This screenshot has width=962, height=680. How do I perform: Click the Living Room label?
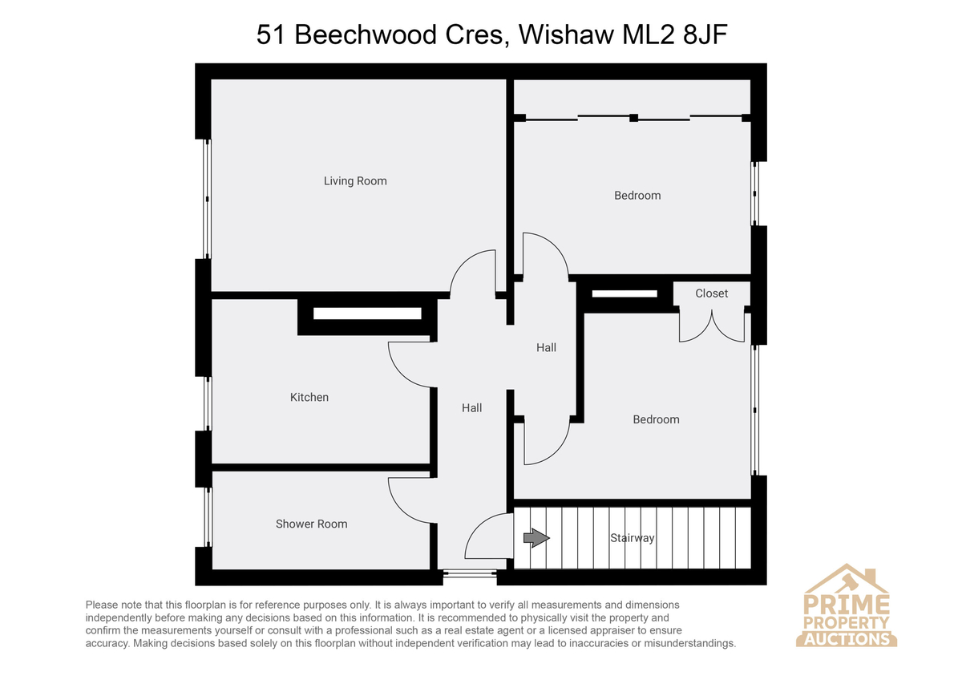355,181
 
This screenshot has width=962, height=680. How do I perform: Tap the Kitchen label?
309,398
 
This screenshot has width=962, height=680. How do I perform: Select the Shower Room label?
311,524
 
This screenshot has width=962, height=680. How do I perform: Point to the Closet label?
712,293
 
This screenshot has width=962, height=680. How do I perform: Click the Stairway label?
633,538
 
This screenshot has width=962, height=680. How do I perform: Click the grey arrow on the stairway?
536,538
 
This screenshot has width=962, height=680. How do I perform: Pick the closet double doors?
712,326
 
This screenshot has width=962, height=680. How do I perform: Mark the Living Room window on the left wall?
208,199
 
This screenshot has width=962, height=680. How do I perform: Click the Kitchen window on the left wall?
208,404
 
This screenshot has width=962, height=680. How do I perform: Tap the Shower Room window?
208,516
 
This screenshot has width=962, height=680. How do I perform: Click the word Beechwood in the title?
366,34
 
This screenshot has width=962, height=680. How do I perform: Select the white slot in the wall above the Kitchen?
367,314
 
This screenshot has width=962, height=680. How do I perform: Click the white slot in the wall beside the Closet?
624,293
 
